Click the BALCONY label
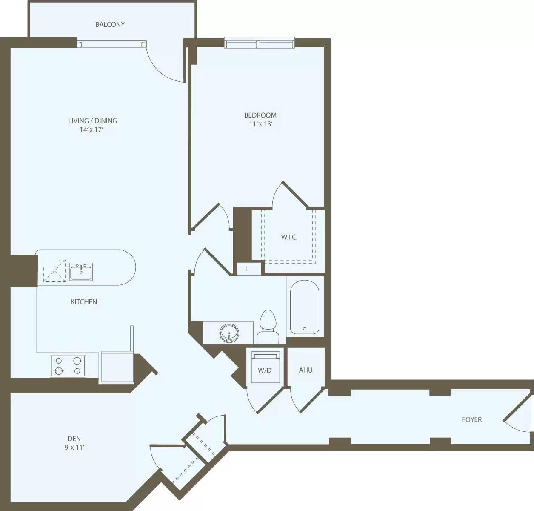110,25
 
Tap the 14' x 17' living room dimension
92,130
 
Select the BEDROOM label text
260,115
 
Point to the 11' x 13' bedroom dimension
260,124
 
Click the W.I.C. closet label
289,237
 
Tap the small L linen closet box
247,269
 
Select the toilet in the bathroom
268,327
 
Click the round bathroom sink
229,333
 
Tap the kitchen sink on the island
81,272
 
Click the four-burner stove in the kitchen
68,366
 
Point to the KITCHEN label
84,302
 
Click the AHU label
306,370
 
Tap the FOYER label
471,419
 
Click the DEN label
74,439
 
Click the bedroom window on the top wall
259,43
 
